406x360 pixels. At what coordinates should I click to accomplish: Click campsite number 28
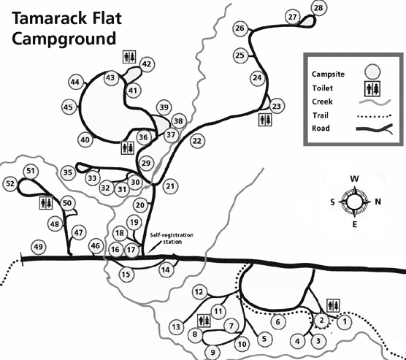tap(319, 8)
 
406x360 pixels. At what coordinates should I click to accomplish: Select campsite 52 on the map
tap(10, 183)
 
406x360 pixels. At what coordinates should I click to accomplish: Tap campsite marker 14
tap(166, 270)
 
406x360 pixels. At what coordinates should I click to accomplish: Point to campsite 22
tap(197, 141)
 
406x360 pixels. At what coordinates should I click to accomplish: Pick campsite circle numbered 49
tap(38, 247)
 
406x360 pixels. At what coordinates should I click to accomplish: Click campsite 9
tap(212, 352)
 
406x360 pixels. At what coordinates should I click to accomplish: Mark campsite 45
tap(69, 107)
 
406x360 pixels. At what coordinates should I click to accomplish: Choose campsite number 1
tap(345, 322)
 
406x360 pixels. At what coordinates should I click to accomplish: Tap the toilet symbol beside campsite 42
tap(129, 57)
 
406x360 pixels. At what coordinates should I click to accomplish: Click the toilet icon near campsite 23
tap(265, 120)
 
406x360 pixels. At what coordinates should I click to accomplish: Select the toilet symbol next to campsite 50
tap(46, 203)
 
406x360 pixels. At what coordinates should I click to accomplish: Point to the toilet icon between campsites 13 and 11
tap(204, 321)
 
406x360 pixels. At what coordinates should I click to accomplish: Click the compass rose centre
tap(354, 202)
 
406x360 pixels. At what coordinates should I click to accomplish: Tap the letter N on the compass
tap(378, 202)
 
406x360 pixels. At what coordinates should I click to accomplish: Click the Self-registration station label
tap(172, 239)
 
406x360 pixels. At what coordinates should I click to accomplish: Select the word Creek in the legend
tap(322, 102)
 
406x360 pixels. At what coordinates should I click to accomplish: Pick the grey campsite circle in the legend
tap(372, 72)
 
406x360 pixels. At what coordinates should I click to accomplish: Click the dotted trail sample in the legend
tap(374, 116)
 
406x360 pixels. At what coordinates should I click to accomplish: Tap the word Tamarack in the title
tap(49, 18)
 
